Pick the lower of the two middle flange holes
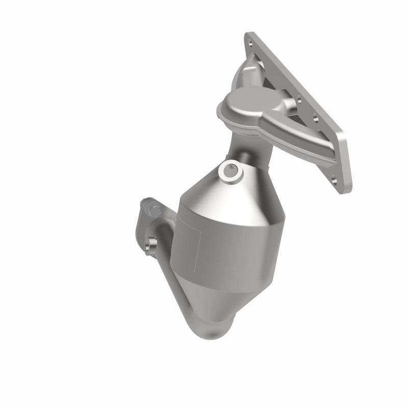tap(316, 119)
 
